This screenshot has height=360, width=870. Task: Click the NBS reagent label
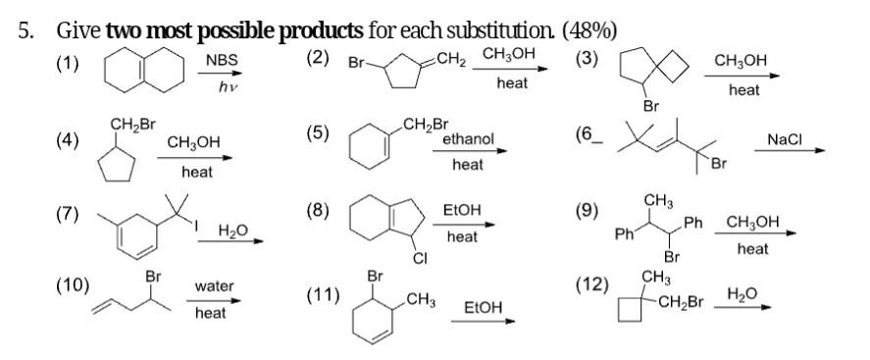222,62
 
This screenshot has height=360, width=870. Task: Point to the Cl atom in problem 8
420,259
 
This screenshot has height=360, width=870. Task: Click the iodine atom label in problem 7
196,229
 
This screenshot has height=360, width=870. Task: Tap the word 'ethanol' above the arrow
468,140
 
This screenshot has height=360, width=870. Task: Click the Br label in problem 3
649,105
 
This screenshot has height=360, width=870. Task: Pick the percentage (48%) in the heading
589,29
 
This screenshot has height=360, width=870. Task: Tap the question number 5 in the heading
25,29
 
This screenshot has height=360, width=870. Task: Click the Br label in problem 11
374,277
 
